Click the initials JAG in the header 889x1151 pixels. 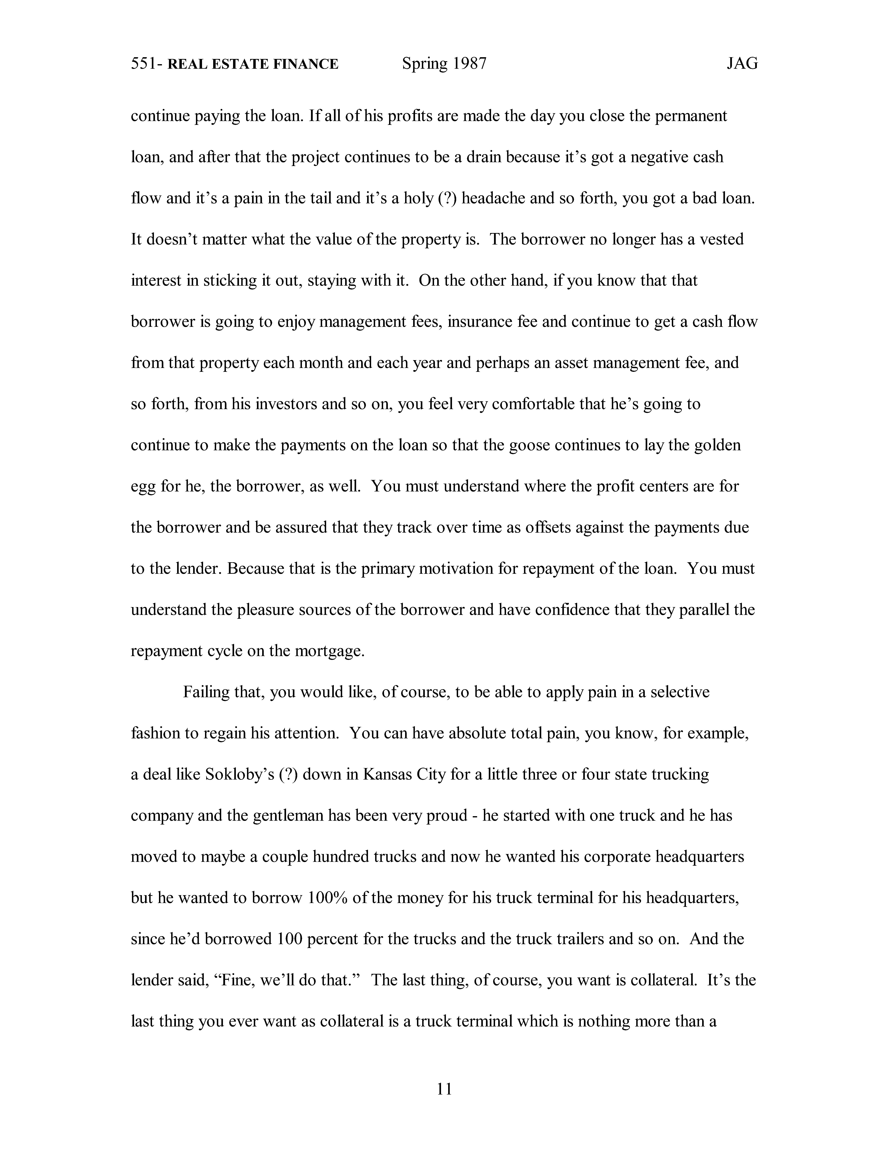pos(742,64)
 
